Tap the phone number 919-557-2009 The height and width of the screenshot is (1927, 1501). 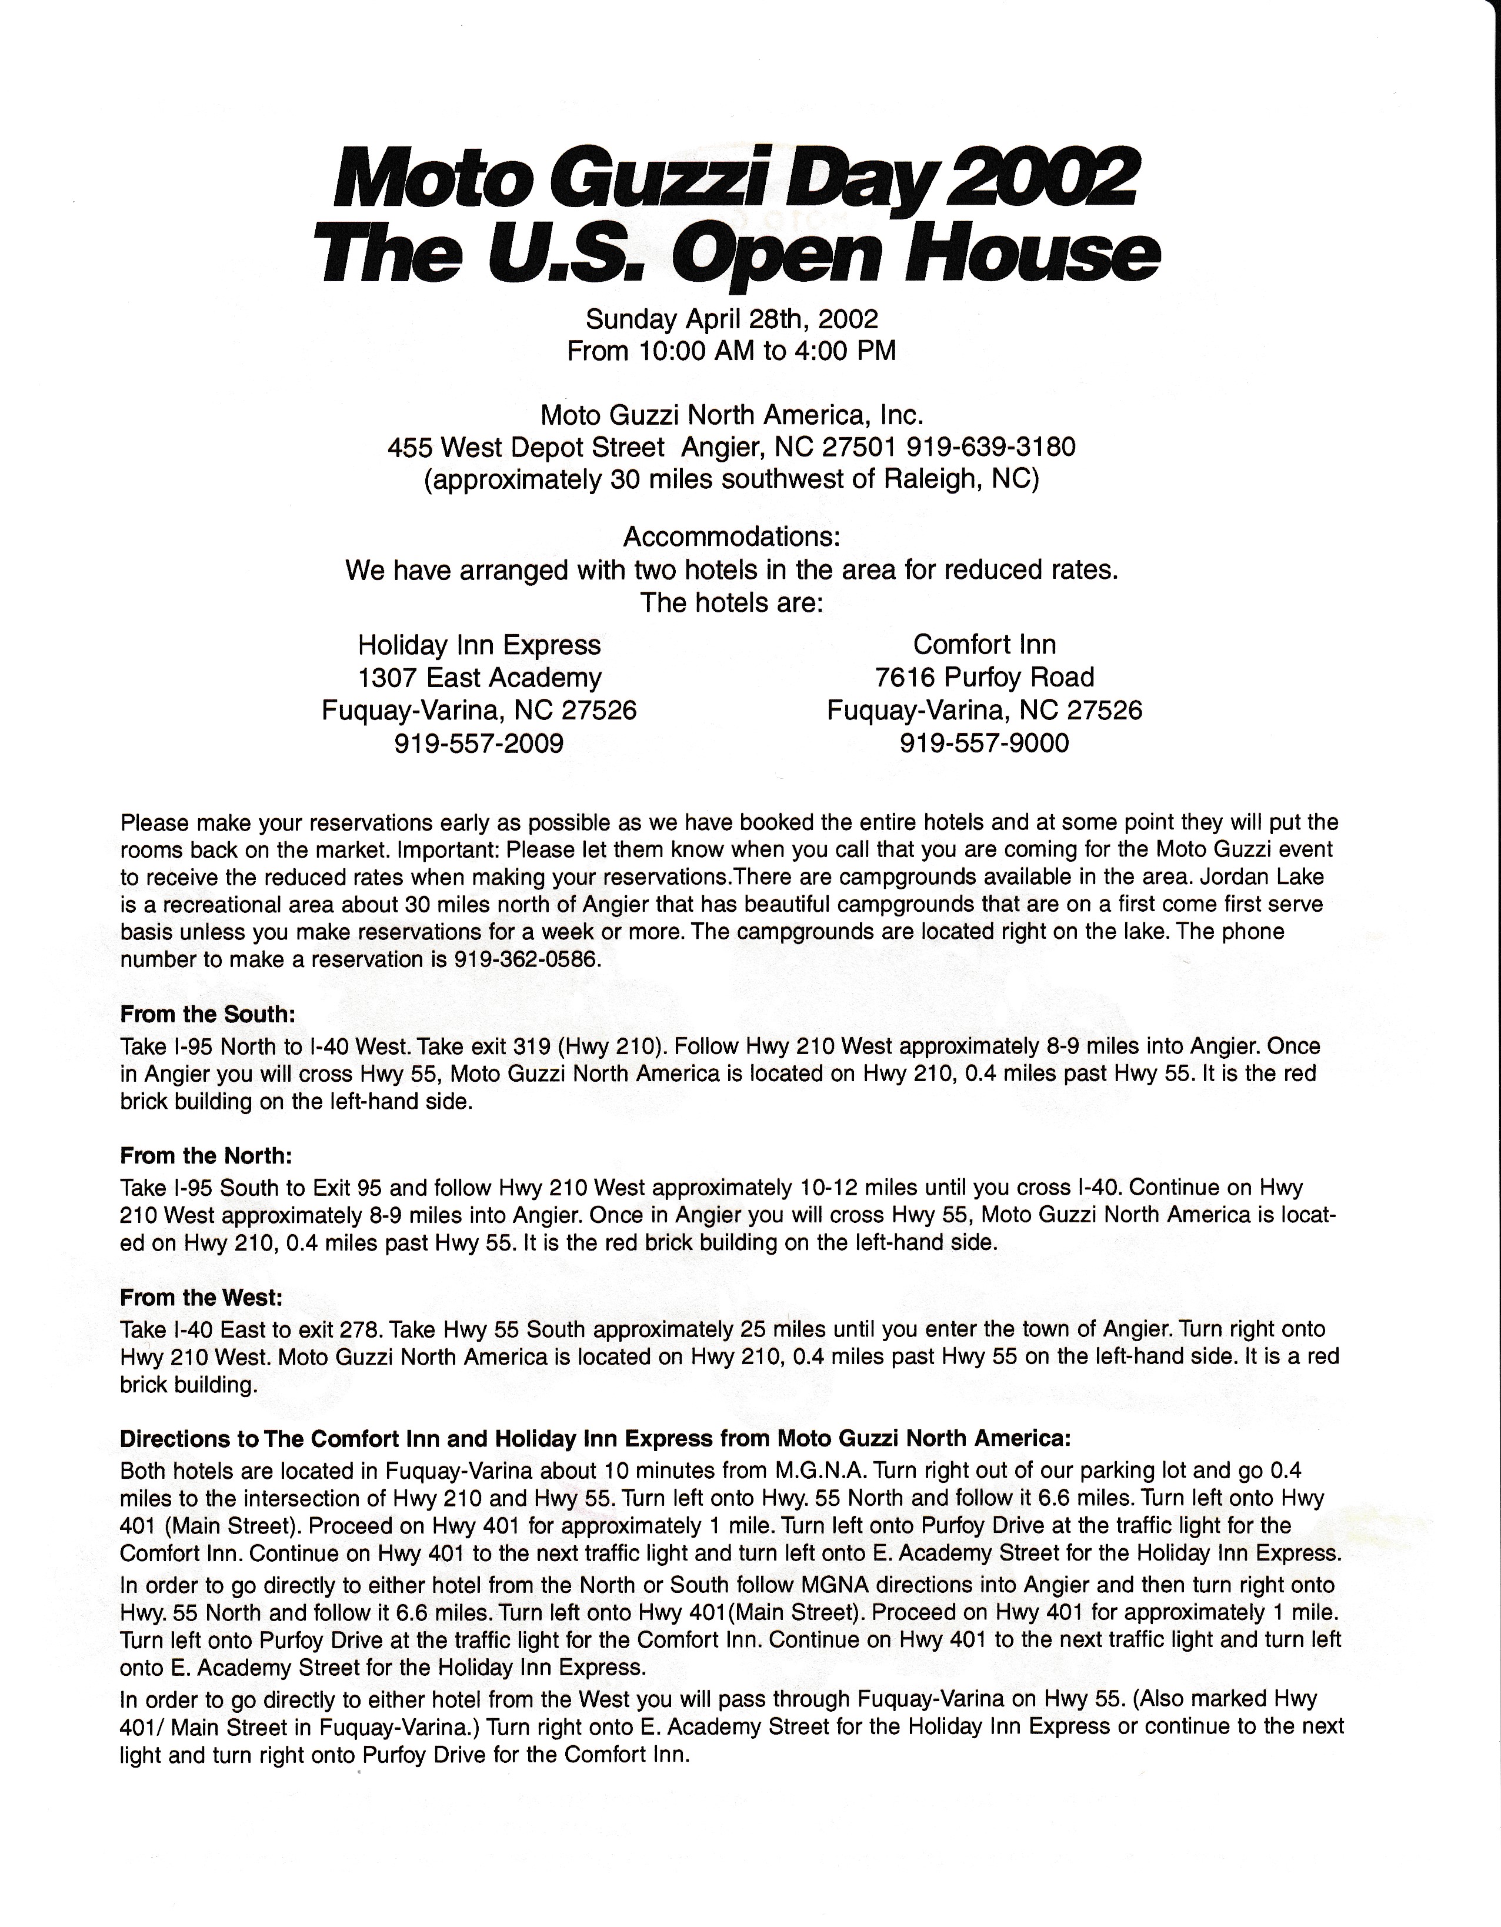click(479, 743)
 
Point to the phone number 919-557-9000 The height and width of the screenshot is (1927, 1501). click(984, 743)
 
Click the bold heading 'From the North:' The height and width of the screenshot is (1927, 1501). click(206, 1156)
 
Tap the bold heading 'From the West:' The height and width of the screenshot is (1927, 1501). click(201, 1298)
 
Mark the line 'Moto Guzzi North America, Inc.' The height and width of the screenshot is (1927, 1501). click(732, 414)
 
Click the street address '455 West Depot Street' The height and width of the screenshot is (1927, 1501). click(526, 447)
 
